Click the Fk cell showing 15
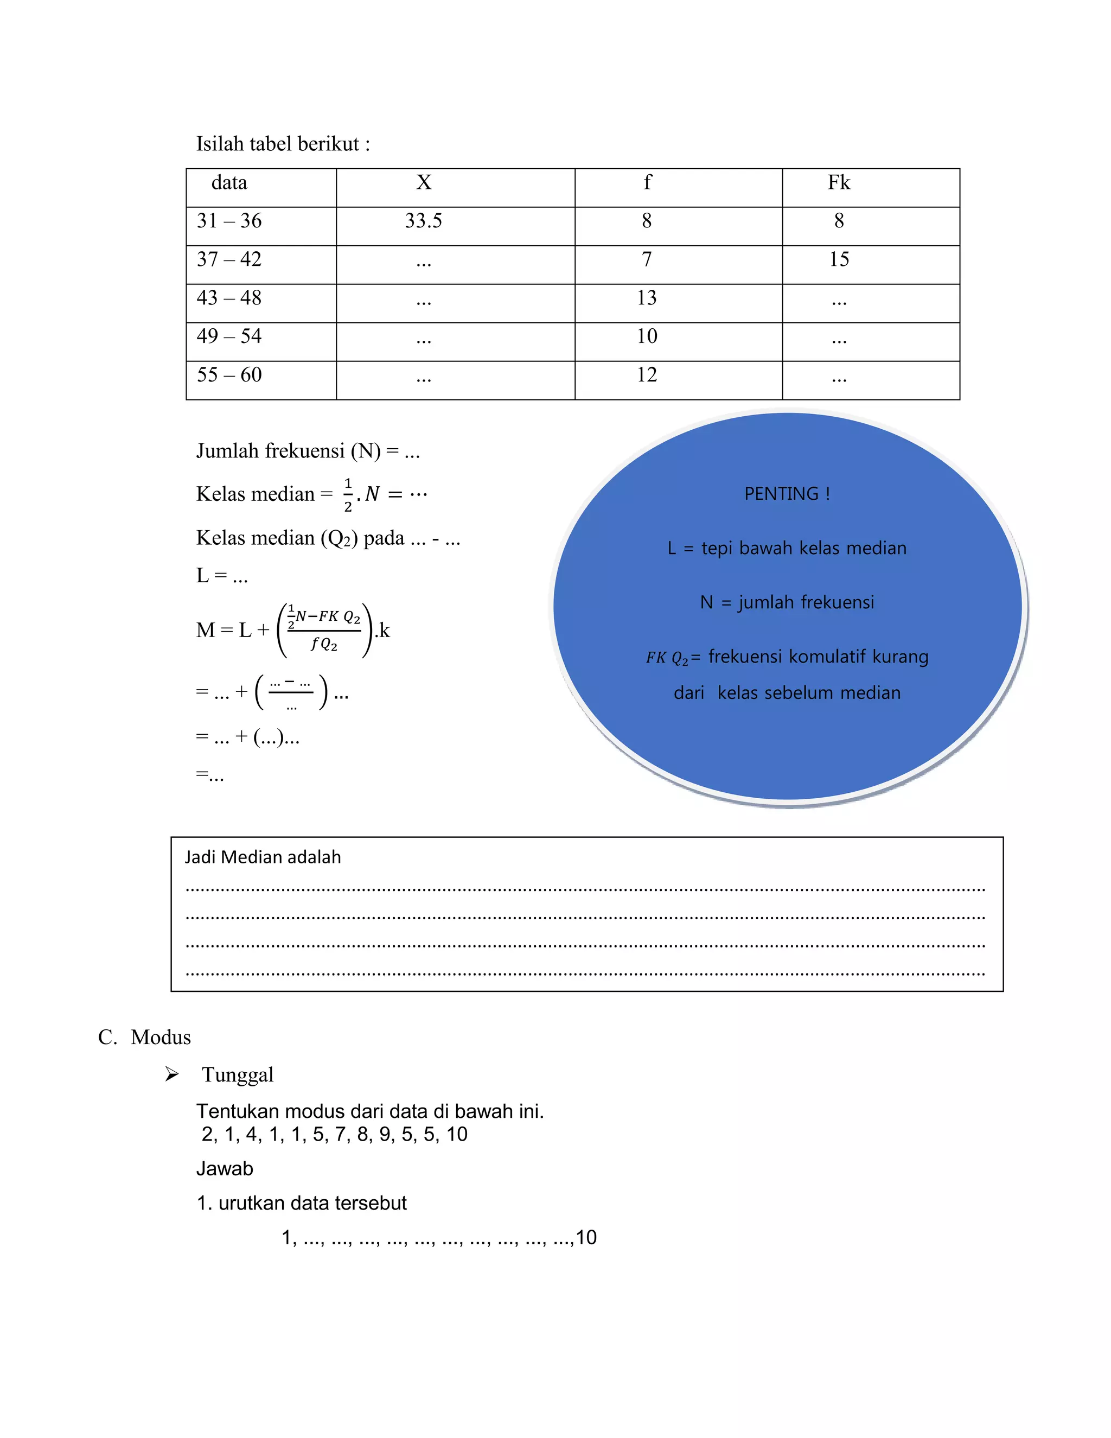839,259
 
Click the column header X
423,182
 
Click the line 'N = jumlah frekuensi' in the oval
787,602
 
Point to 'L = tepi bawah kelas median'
787,548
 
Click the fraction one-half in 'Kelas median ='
348,495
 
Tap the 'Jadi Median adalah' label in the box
263,857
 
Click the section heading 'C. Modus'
145,1037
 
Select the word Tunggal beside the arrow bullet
238,1074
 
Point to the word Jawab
225,1169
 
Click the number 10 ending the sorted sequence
586,1237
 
